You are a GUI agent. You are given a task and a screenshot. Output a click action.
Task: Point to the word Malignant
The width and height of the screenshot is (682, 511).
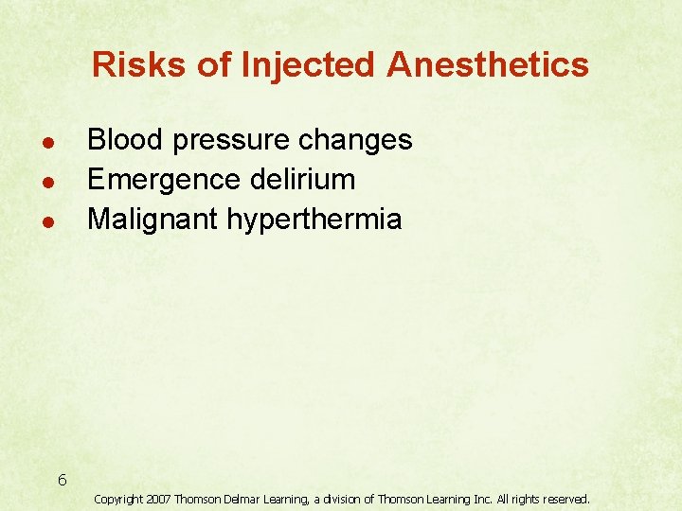(x=153, y=220)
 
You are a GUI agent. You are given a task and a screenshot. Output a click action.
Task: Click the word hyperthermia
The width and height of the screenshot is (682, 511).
(x=314, y=220)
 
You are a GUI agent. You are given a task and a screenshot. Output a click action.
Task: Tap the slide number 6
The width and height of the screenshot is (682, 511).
(x=62, y=480)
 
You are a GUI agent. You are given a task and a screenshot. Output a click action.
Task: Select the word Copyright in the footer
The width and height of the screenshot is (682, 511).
(x=118, y=499)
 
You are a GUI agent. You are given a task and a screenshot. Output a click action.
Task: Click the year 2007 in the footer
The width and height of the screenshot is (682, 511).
(x=160, y=498)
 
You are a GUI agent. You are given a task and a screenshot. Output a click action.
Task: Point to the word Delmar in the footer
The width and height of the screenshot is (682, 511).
(x=243, y=498)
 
